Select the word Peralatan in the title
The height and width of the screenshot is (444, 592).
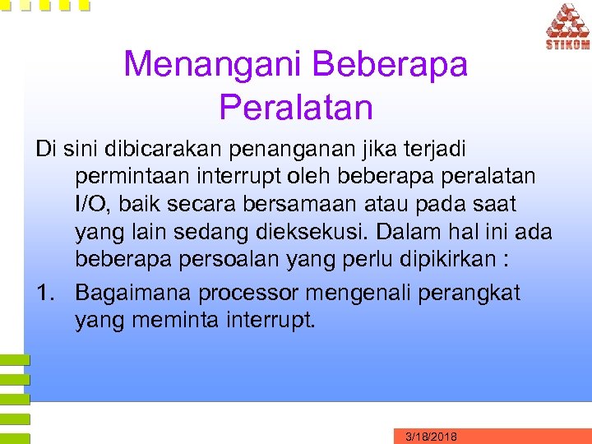296,107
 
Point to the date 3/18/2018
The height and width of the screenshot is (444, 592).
432,436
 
